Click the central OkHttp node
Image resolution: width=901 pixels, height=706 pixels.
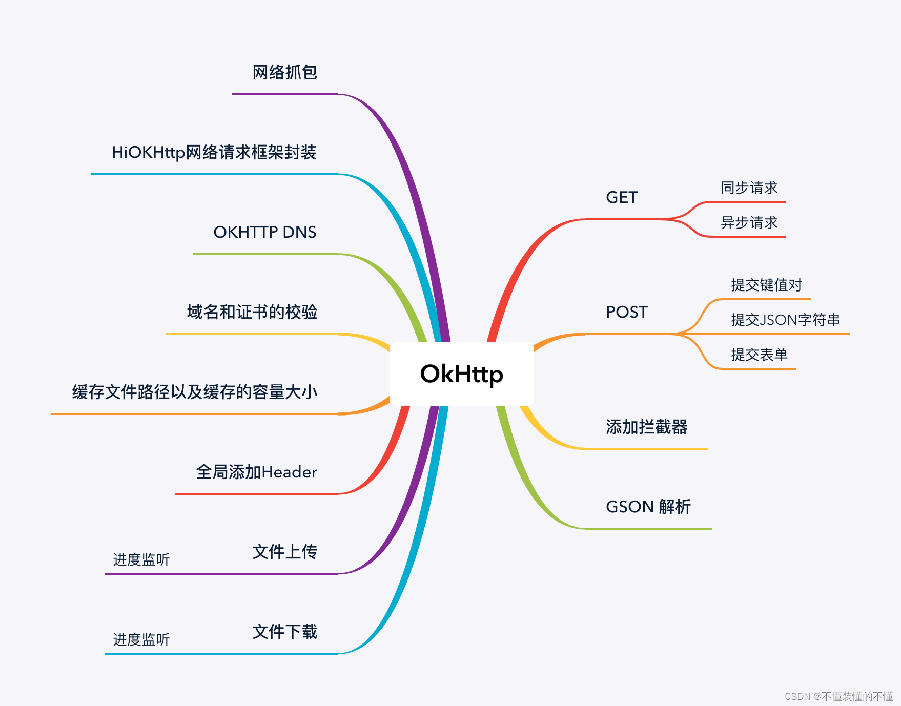click(x=461, y=374)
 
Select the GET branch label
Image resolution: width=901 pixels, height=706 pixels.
click(x=621, y=197)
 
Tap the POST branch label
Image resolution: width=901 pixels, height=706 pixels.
click(x=626, y=312)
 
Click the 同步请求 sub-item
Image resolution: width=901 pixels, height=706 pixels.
click(x=749, y=188)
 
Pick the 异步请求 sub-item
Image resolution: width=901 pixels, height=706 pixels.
click(x=749, y=222)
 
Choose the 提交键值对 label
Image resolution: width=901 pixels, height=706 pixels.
click(x=766, y=285)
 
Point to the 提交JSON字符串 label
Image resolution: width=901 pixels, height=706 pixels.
click(x=785, y=320)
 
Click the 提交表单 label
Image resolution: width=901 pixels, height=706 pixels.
click(x=759, y=355)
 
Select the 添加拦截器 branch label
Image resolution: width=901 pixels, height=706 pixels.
click(x=646, y=427)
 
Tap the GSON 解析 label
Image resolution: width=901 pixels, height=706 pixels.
click(x=648, y=507)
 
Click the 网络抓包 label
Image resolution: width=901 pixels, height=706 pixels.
click(x=284, y=72)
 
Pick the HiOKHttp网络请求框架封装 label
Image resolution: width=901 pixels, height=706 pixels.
click(x=214, y=152)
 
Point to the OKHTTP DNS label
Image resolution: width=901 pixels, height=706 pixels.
click(x=264, y=232)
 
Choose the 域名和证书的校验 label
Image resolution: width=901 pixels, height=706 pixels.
click(x=252, y=312)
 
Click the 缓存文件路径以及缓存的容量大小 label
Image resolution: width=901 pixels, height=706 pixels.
click(x=194, y=392)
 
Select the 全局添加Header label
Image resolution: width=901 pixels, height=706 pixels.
click(x=256, y=472)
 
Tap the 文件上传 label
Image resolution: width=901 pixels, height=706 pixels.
click(x=284, y=552)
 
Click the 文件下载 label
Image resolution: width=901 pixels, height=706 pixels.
click(x=284, y=632)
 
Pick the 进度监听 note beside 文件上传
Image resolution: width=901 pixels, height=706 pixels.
click(x=141, y=559)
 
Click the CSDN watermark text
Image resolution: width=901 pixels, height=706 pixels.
click(x=838, y=696)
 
